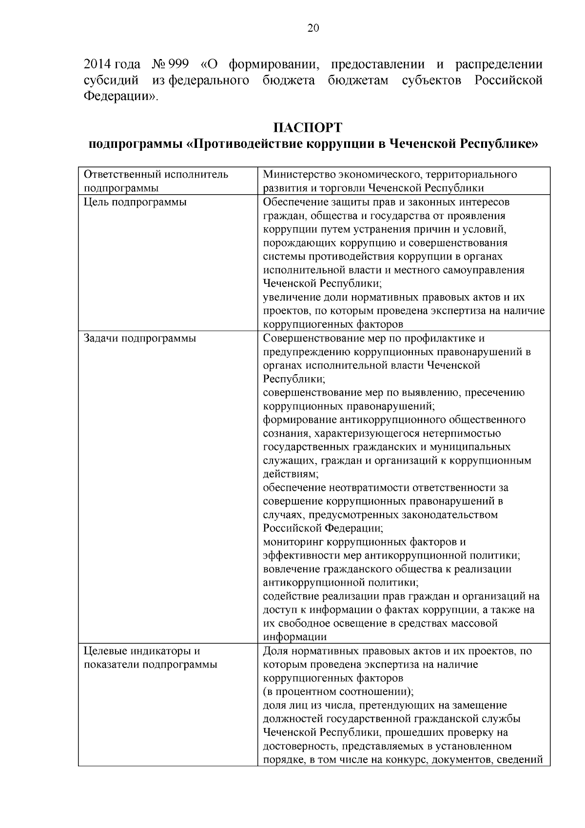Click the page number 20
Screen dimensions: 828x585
313,28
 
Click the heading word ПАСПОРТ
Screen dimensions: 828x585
308,128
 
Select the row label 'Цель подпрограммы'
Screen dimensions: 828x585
135,202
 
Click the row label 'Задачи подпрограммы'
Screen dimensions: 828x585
140,338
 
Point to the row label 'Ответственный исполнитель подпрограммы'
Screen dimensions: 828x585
156,182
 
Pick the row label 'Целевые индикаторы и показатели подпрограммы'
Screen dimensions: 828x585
150,658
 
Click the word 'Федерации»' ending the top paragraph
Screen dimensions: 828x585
120,96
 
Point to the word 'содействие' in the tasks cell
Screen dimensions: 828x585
290,596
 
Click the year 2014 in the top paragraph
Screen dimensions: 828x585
97,64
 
